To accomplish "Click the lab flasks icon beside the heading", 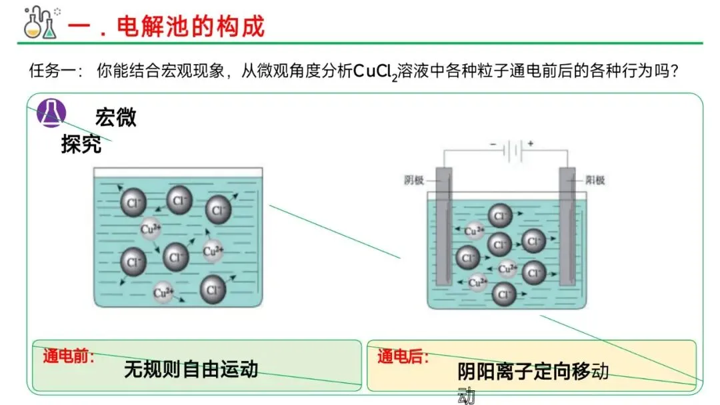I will click(x=41, y=23).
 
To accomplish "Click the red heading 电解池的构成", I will click(x=191, y=26).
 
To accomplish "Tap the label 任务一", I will click(x=53, y=70).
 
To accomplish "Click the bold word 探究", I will click(x=81, y=143).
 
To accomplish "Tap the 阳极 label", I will click(x=595, y=179).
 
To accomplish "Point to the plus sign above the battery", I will click(x=531, y=143).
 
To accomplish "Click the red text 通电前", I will click(x=68, y=355).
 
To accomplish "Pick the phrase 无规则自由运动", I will click(x=191, y=369).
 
